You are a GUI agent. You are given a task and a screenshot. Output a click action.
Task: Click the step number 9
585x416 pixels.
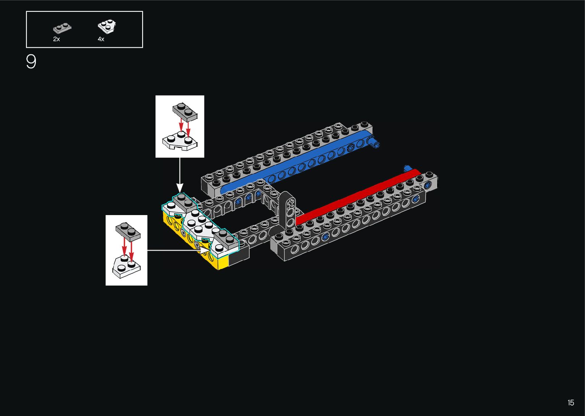click(x=31, y=62)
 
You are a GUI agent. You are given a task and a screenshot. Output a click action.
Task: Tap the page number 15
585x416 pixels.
click(x=570, y=403)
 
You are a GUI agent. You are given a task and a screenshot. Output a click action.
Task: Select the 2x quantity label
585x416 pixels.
click(x=57, y=39)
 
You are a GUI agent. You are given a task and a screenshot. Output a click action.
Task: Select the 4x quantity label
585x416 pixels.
click(x=101, y=39)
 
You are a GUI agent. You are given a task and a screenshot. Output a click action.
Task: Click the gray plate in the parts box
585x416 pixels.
click(x=62, y=28)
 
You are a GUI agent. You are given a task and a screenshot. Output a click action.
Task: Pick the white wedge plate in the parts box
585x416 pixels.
click(x=107, y=26)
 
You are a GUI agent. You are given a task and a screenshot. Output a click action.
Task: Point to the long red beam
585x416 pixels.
click(x=355, y=197)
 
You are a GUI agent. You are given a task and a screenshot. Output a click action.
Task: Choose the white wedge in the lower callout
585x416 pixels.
click(x=126, y=265)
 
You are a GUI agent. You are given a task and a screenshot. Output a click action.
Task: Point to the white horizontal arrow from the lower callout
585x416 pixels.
click(x=176, y=250)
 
